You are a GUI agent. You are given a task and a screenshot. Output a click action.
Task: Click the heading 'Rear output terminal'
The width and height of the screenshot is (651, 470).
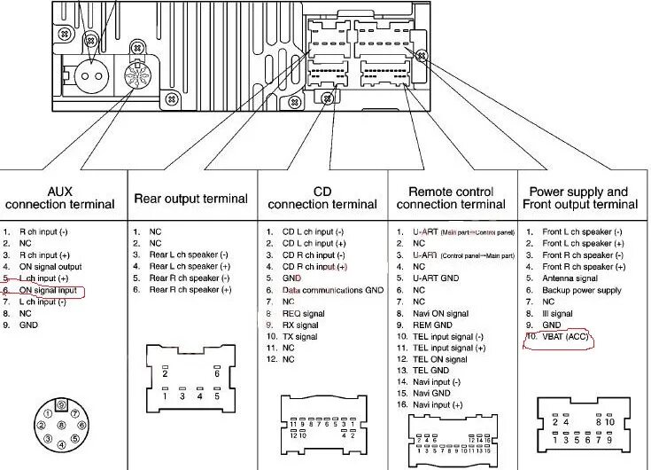[x=190, y=199]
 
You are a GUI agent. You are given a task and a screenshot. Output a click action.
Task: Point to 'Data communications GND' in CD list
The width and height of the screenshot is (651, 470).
[x=332, y=290]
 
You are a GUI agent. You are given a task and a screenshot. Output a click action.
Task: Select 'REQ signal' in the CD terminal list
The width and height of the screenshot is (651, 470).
[x=304, y=314]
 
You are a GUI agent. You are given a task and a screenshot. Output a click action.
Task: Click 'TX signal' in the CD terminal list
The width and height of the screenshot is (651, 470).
[x=300, y=337]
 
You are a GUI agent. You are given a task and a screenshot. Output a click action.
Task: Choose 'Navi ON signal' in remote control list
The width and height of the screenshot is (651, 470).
[x=440, y=314]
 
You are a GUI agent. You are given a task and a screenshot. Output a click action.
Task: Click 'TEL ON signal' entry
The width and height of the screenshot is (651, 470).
[x=439, y=360]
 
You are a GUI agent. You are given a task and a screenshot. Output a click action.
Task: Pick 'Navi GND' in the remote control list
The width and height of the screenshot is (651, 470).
[x=430, y=393]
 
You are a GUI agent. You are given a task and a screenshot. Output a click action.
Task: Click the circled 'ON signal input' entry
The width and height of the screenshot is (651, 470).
[x=48, y=290]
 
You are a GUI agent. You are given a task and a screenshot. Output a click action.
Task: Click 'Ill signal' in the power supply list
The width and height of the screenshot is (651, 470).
[x=557, y=314]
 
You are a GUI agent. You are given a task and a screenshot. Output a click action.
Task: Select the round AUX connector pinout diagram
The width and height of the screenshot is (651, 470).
[x=59, y=425]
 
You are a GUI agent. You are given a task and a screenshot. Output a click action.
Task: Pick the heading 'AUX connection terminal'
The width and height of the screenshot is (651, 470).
[x=60, y=198]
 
